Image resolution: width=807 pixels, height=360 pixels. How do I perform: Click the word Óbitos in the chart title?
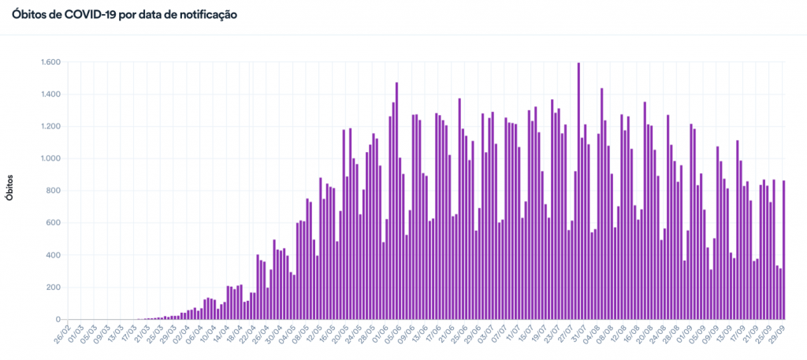click(x=29, y=15)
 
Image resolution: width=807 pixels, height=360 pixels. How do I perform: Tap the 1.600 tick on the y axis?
click(x=50, y=62)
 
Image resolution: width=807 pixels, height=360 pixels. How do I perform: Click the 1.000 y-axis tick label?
click(x=50, y=159)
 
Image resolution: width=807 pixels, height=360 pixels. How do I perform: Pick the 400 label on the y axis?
click(x=54, y=255)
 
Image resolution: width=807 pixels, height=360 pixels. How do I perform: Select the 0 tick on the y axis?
click(x=59, y=319)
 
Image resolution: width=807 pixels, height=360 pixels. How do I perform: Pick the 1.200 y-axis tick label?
click(x=50, y=127)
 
